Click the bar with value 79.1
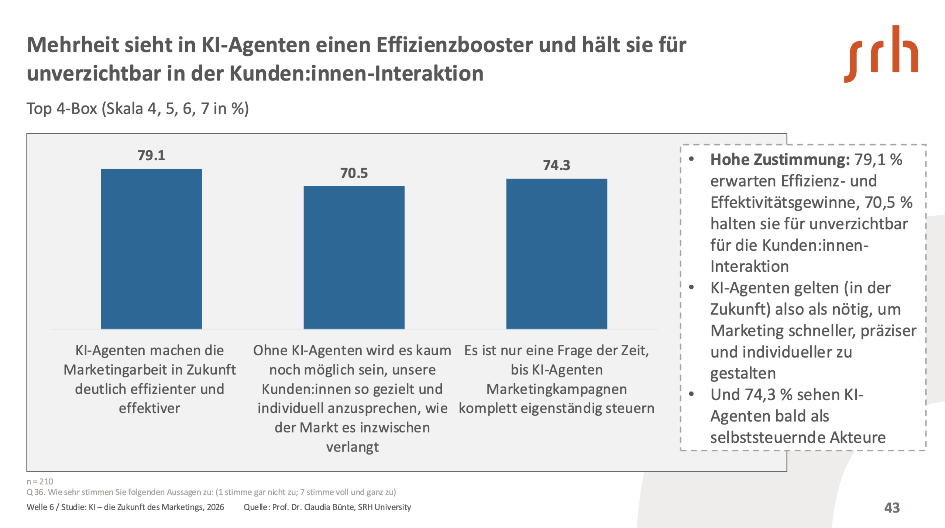coord(151,248)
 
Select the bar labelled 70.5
coord(354,257)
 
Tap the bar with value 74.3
coord(556,254)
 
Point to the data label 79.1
coord(151,155)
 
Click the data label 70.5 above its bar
coord(354,173)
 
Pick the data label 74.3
coord(556,165)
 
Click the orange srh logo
coord(881,54)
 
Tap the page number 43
coord(892,508)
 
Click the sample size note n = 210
coord(40,481)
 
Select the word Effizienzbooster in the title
coord(454,45)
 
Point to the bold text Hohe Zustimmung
coord(780,160)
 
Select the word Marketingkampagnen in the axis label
coord(556,389)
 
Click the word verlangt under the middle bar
coord(352,447)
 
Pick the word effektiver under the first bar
coord(150,408)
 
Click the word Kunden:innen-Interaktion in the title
coord(356,73)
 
